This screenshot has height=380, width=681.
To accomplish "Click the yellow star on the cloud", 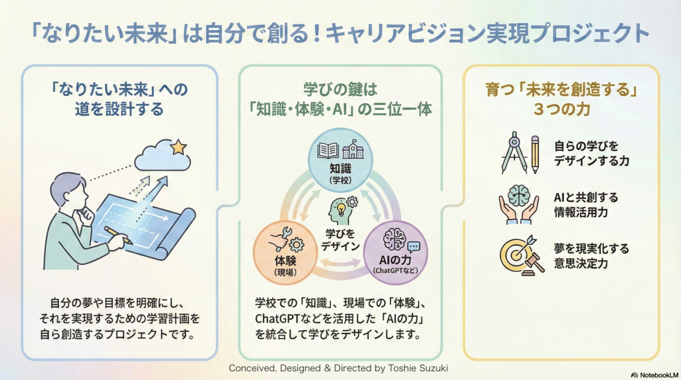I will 178,147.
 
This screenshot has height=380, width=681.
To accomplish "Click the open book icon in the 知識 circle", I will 328,150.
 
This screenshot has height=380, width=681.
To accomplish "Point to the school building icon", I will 353,150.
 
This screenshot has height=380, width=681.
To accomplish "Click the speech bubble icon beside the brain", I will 414,246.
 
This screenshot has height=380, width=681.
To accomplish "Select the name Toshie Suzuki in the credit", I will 417,368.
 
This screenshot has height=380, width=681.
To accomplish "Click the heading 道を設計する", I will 119,109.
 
